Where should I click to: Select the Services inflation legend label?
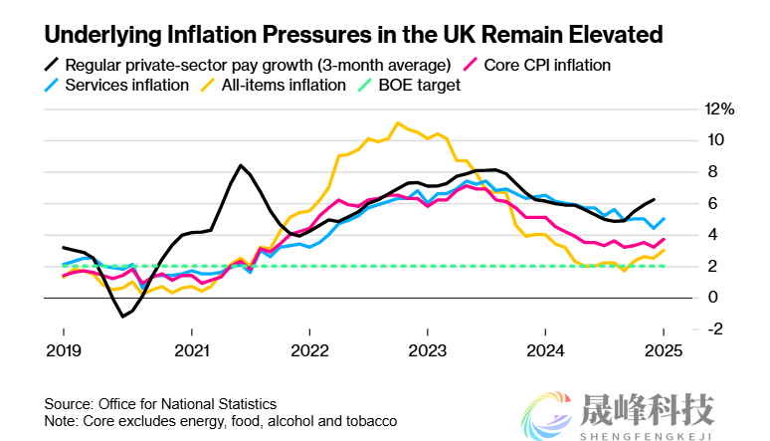pyautogui.click(x=126, y=85)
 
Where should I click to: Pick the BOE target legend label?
pyautogui.click(x=420, y=85)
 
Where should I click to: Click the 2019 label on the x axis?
pyautogui.click(x=64, y=349)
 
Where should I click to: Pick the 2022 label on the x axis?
pyautogui.click(x=310, y=349)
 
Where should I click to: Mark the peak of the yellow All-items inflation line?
pyautogui.click(x=398, y=123)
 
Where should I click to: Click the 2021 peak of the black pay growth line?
pyautogui.click(x=240, y=165)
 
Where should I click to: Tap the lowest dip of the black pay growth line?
pyautogui.click(x=123, y=317)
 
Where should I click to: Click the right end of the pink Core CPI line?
pyautogui.click(x=665, y=240)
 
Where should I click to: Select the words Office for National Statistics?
pyautogui.click(x=187, y=404)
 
